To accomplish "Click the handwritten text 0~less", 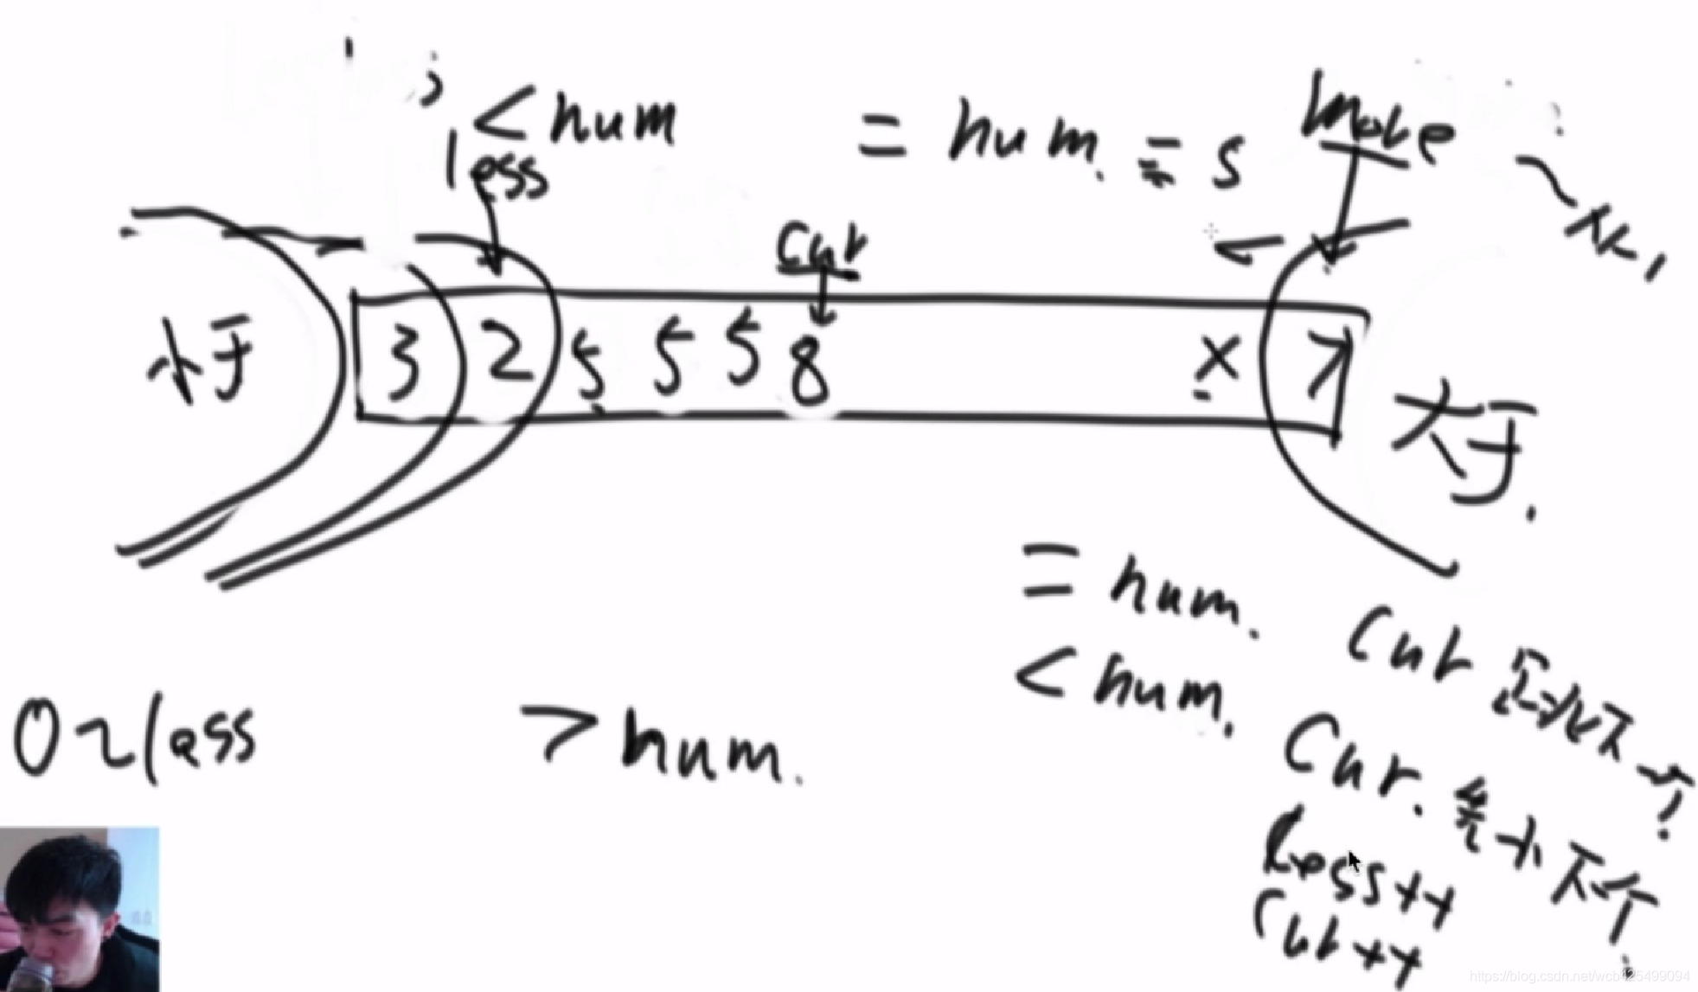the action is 134,739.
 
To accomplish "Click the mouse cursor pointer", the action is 1354,861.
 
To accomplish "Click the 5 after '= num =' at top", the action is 1227,164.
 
